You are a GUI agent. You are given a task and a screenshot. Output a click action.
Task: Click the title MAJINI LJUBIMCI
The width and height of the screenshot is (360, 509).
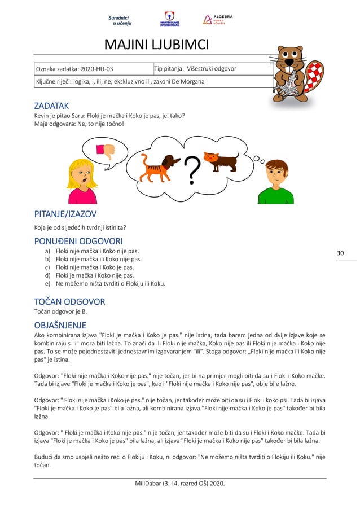pos(156,45)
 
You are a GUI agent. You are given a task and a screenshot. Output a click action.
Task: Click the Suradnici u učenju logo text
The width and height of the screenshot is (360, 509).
pos(120,21)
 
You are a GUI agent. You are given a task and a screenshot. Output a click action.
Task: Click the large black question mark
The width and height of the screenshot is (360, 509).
pos(192,170)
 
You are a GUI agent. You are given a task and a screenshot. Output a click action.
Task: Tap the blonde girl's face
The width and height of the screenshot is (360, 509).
pos(82,175)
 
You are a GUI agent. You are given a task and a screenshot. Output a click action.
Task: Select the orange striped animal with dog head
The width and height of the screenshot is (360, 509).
pos(160,166)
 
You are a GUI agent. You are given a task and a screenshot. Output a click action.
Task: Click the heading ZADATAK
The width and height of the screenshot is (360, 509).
pos(51,106)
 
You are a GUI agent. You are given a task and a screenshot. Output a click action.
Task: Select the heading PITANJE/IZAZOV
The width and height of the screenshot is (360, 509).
pos(65,214)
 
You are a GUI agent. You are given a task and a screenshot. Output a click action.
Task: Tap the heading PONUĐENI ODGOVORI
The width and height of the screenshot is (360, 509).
pos(78,242)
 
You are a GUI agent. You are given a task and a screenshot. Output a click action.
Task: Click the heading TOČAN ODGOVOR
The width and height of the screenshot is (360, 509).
pos(69,301)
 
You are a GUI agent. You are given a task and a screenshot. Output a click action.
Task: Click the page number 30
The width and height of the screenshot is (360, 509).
pos(340,253)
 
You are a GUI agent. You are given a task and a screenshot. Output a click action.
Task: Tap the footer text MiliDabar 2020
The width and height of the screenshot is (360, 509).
pos(179,484)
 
